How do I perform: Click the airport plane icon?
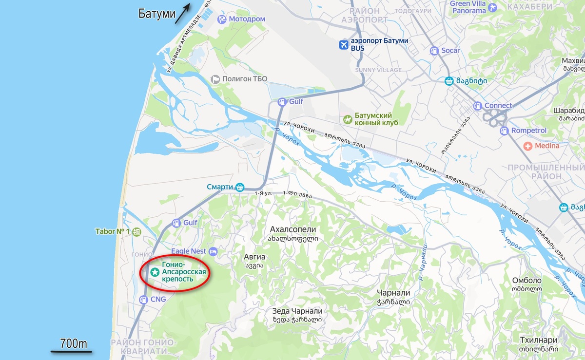click(344, 45)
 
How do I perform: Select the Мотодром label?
click(247, 19)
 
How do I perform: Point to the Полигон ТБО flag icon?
click(215, 79)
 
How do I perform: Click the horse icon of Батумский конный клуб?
click(348, 119)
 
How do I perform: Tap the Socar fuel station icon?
click(434, 51)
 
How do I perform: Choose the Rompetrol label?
click(529, 131)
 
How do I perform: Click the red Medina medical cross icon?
click(527, 146)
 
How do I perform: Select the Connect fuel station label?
click(498, 106)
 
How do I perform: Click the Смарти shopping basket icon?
click(239, 187)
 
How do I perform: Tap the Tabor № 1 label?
click(112, 231)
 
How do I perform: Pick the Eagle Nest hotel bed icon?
click(213, 251)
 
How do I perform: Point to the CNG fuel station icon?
click(143, 299)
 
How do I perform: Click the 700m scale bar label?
click(74, 343)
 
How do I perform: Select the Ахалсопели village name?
click(293, 229)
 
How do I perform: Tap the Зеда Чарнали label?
click(297, 311)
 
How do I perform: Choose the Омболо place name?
click(526, 281)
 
